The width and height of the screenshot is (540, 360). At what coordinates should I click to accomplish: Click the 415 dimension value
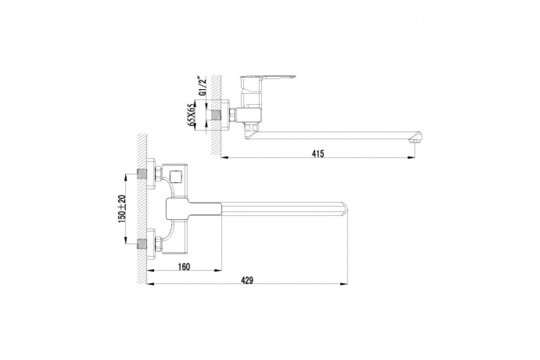click(318, 153)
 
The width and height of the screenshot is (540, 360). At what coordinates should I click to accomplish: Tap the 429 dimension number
click(247, 280)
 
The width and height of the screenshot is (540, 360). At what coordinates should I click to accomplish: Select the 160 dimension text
click(184, 267)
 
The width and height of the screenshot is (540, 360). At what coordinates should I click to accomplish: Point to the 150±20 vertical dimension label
click(122, 209)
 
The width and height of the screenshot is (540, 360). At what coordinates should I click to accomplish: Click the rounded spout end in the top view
click(345, 209)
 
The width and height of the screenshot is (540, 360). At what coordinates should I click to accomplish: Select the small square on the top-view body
click(175, 177)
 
